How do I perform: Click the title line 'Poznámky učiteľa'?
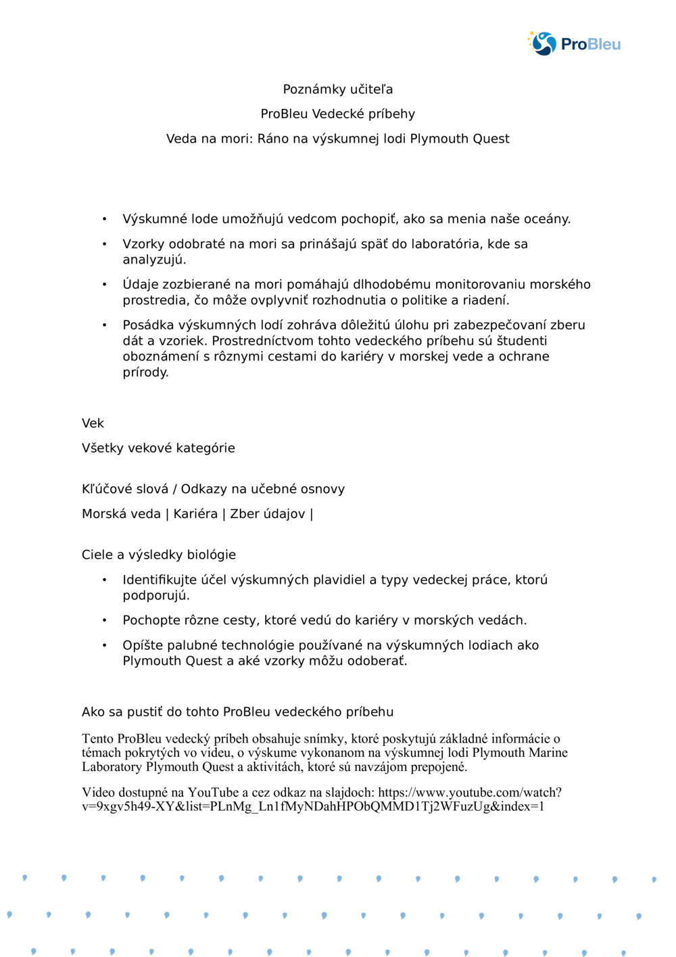[x=338, y=89]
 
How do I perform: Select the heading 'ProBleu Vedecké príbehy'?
[x=338, y=114]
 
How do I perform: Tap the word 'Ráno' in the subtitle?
[x=273, y=139]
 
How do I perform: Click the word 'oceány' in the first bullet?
[x=546, y=219]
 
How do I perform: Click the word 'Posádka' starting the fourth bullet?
[x=148, y=325]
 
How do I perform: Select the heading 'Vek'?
[x=93, y=423]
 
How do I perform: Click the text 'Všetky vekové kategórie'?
[x=158, y=448]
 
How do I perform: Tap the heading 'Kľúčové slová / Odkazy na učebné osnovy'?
[x=213, y=489]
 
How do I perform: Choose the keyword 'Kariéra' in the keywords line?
[x=195, y=514]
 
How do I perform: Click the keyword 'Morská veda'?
[x=121, y=514]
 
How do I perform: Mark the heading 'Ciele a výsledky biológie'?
[x=159, y=555]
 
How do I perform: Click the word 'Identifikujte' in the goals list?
[x=164, y=580]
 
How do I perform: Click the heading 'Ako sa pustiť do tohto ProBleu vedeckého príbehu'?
[x=237, y=711]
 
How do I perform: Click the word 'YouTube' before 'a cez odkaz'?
[x=213, y=792]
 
